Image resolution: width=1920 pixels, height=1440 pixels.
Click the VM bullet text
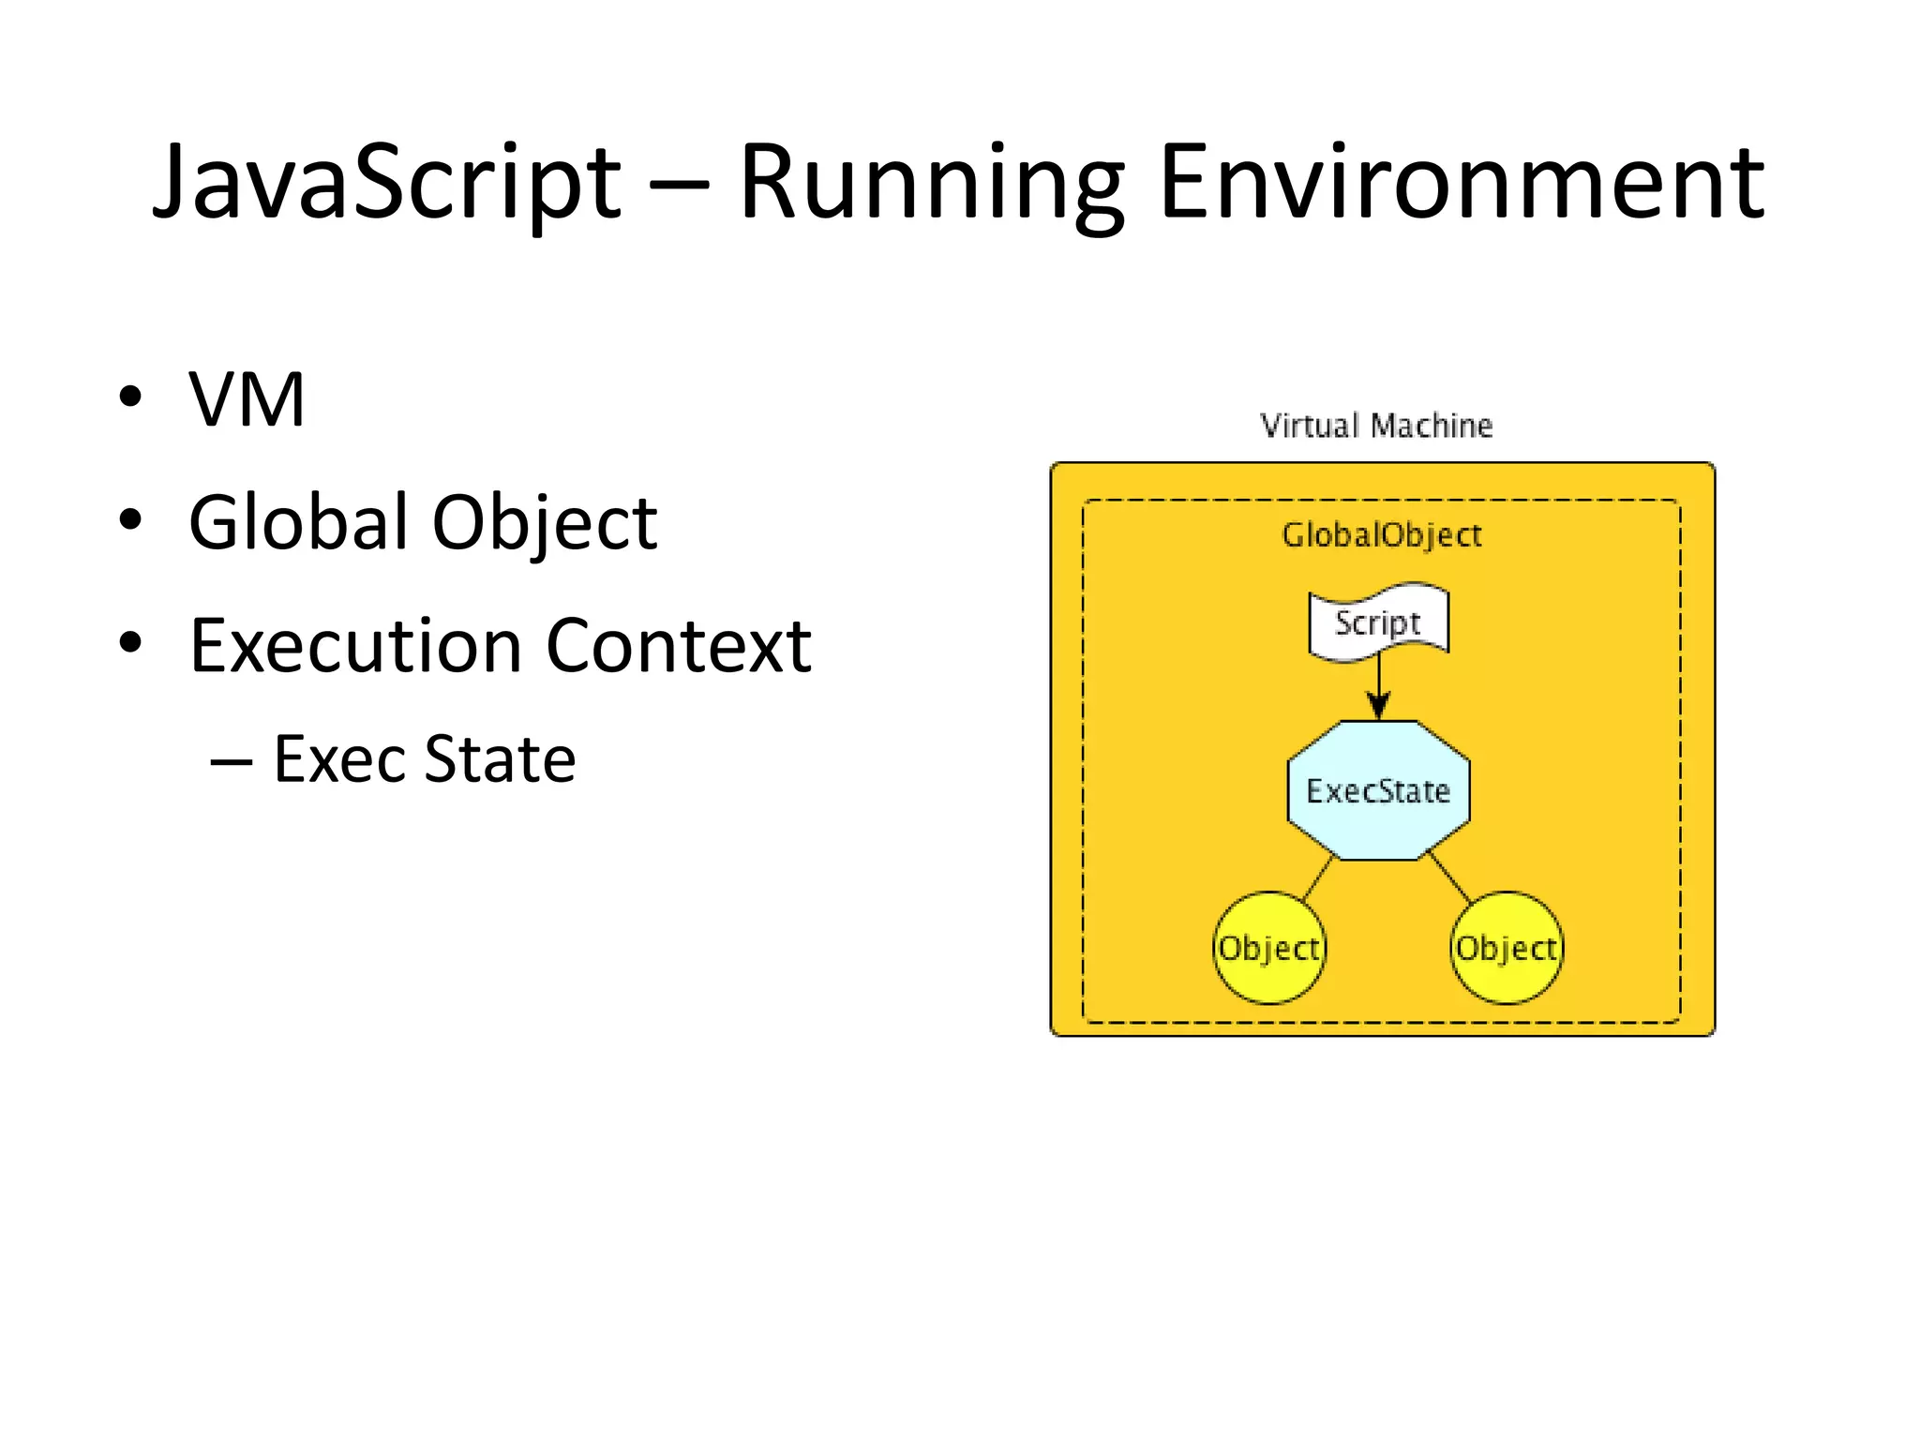[x=247, y=400]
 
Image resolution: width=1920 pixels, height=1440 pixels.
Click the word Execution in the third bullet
[x=355, y=646]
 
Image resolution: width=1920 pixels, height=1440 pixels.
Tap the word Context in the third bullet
[x=678, y=646]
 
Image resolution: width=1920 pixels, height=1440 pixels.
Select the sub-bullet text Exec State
[x=424, y=758]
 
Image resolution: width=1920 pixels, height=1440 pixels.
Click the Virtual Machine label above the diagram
[x=1375, y=426]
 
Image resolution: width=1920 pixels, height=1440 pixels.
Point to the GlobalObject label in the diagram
[x=1381, y=535]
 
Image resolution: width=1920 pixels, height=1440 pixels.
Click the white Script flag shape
[x=1378, y=622]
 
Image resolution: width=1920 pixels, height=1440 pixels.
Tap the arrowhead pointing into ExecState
[x=1378, y=706]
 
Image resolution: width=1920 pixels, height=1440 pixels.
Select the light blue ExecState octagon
[x=1378, y=790]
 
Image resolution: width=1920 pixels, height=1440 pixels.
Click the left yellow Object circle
[x=1269, y=948]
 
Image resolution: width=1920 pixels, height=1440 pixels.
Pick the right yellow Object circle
[x=1507, y=948]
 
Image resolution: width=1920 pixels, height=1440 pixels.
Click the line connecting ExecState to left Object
[x=1318, y=878]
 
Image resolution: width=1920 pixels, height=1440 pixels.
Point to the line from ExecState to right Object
[x=1449, y=877]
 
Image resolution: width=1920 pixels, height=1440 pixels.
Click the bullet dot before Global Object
[x=130, y=519]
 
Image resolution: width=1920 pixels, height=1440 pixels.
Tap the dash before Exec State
[x=231, y=760]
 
